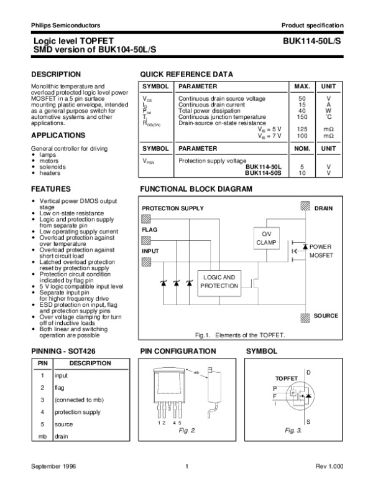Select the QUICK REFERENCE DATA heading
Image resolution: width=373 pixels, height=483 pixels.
pos(186,75)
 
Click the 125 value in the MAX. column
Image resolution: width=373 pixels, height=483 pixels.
pos(302,129)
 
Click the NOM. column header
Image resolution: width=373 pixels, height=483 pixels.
pos(302,149)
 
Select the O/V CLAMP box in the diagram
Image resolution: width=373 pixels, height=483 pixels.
pos(265,238)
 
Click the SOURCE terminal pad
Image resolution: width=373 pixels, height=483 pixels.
pos(305,316)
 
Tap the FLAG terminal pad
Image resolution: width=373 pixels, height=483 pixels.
pos(147,240)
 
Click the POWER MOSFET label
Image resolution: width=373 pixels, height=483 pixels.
pos(322,251)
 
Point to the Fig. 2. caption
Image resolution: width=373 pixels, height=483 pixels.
pos(187,431)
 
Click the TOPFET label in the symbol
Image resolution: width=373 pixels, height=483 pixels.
pos(287,378)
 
